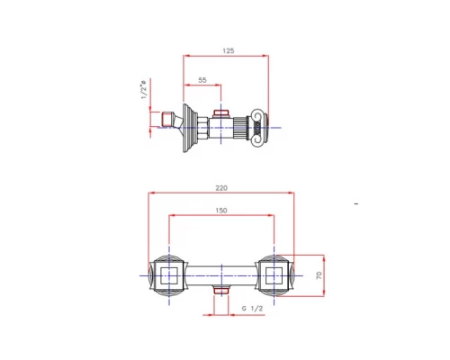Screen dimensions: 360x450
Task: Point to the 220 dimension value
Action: tap(222, 188)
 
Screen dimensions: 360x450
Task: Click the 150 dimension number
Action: tap(221, 211)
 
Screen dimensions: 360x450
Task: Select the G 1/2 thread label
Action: tap(252, 308)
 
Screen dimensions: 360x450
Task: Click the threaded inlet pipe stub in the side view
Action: tap(168, 119)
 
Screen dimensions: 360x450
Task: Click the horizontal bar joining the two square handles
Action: tap(221, 272)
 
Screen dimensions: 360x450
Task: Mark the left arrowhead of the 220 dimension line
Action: tap(153, 193)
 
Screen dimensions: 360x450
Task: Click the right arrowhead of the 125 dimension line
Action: tap(267, 58)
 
